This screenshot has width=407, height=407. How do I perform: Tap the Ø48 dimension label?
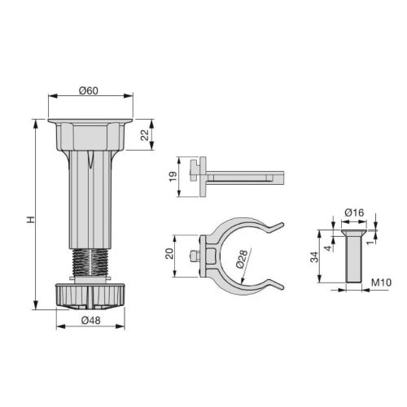pyautogui.click(x=90, y=320)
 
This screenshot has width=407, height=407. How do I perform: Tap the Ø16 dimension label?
pyautogui.click(x=354, y=213)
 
